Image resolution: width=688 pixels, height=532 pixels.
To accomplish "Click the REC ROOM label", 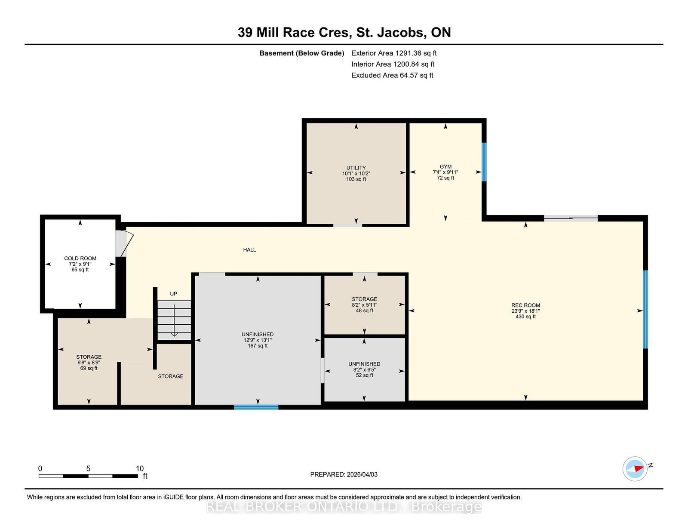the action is pos(525,305).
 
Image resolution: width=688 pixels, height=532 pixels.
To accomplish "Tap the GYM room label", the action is pos(445,166).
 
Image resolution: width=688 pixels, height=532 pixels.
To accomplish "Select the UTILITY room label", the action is pos(356,168).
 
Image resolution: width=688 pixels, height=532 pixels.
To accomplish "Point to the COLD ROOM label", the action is pos(80,258).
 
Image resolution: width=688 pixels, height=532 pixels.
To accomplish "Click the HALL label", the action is pos(249,250).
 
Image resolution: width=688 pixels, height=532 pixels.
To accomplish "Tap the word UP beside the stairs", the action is pos(173,294).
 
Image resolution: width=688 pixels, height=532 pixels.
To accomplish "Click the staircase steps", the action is pos(175,320).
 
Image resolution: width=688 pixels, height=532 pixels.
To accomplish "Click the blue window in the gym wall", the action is pos(484,162).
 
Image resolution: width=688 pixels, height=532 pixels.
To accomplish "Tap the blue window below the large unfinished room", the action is pos(256,407).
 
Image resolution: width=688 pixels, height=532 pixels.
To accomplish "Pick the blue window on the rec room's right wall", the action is pos(645,309).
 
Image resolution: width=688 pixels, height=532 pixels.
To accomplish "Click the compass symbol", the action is pos(635,469).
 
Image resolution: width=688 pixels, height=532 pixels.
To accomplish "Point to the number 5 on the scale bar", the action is pos(88,468).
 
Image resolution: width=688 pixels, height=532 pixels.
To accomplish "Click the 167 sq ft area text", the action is pos(258,346).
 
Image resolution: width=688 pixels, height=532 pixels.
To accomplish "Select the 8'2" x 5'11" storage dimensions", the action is pos(364,305).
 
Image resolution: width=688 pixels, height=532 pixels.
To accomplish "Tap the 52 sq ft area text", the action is pos(364,375).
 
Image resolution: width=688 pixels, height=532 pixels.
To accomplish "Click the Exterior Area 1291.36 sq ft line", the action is pos(394,53).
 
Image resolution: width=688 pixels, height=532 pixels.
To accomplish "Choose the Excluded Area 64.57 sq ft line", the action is pos(392,75).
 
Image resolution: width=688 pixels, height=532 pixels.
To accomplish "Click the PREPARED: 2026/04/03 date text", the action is pos(344,474).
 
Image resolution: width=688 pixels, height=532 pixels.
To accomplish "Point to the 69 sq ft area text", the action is pos(89,368).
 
